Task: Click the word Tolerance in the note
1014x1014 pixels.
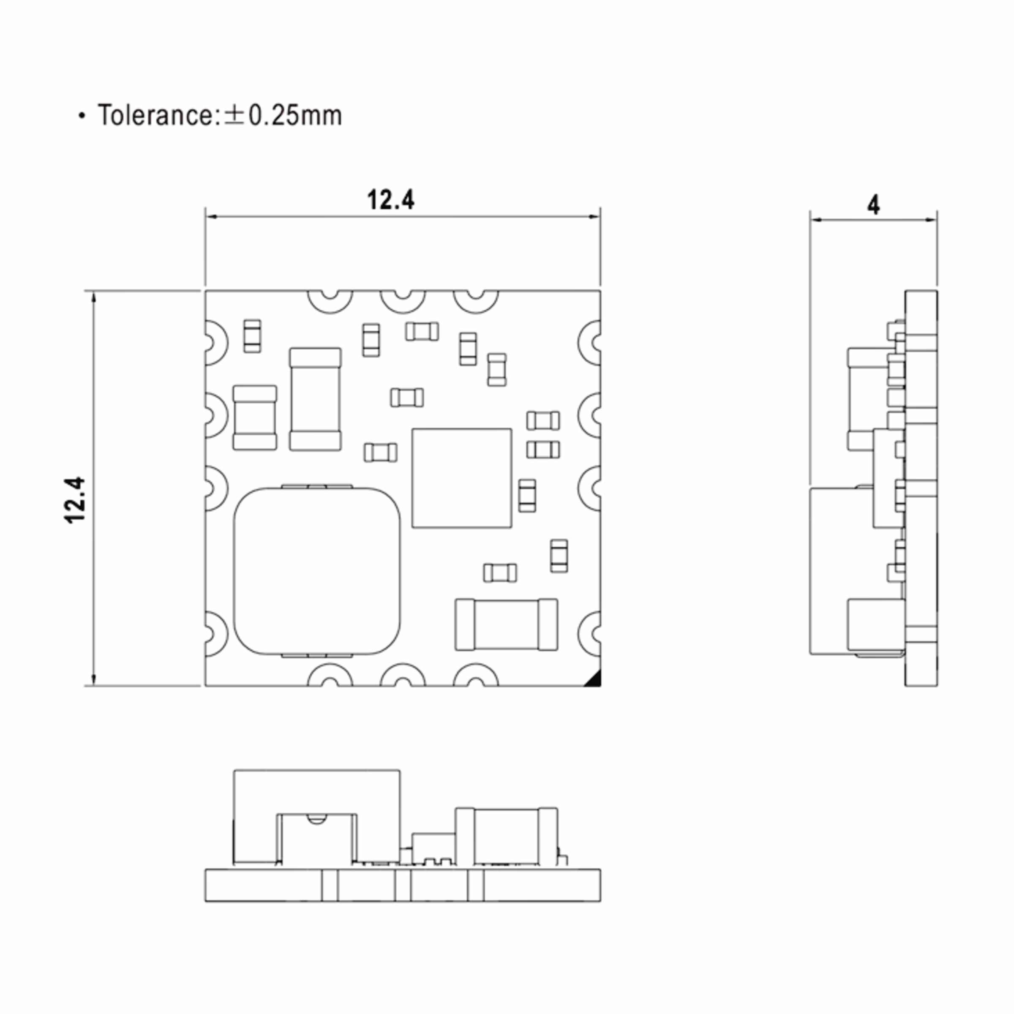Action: click(x=155, y=115)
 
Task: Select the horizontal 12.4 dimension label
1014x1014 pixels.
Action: click(x=390, y=200)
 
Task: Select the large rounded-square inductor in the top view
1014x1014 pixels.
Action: click(x=316, y=571)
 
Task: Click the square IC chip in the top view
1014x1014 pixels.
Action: click(x=461, y=478)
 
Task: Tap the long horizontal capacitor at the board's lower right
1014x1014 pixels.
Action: click(x=507, y=624)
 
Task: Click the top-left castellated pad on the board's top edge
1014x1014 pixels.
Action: click(x=330, y=301)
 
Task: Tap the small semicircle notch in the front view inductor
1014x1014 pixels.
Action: click(x=316, y=818)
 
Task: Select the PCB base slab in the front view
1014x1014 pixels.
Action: click(x=403, y=886)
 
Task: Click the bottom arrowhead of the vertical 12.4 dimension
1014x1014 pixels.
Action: click(x=94, y=680)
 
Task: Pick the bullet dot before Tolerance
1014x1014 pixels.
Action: click(x=82, y=116)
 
